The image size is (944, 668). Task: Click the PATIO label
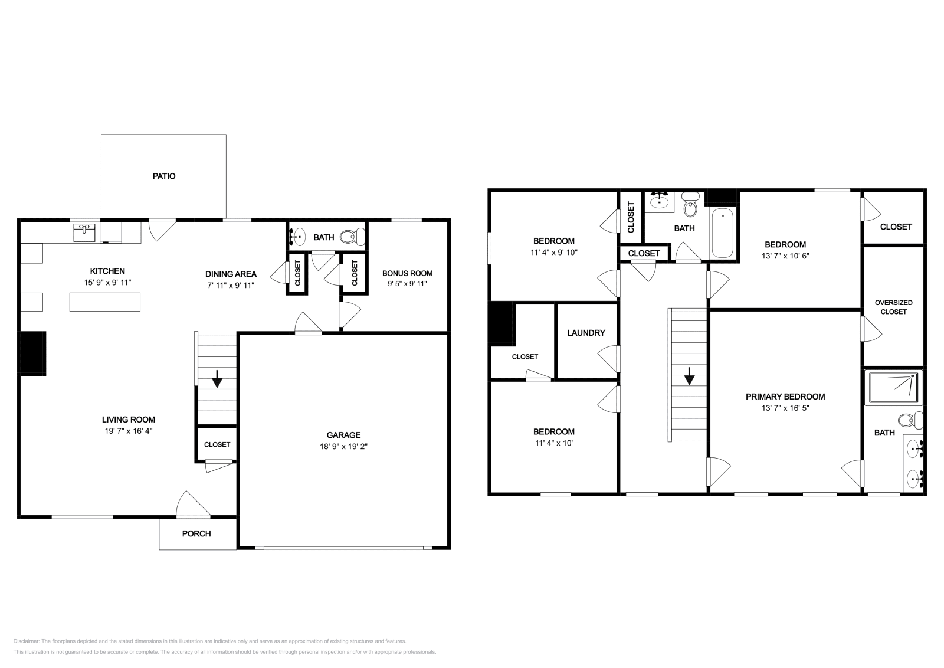point(164,176)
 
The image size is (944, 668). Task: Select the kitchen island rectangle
point(105,302)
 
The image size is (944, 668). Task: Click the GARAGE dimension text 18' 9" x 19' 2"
point(344,447)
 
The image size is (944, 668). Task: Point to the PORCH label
point(196,533)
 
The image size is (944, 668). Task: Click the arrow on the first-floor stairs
point(217,378)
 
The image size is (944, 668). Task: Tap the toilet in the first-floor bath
point(353,237)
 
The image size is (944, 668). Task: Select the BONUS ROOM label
point(407,273)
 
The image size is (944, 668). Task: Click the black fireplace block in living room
point(33,353)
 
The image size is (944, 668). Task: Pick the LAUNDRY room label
point(586,333)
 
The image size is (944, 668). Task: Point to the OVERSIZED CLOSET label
point(893,307)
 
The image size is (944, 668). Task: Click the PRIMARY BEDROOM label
point(785,397)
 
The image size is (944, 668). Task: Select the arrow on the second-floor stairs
point(688,376)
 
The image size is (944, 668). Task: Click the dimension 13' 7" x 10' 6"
point(785,256)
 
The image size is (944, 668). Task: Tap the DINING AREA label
point(231,274)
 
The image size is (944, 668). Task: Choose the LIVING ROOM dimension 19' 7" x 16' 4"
point(129,431)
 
